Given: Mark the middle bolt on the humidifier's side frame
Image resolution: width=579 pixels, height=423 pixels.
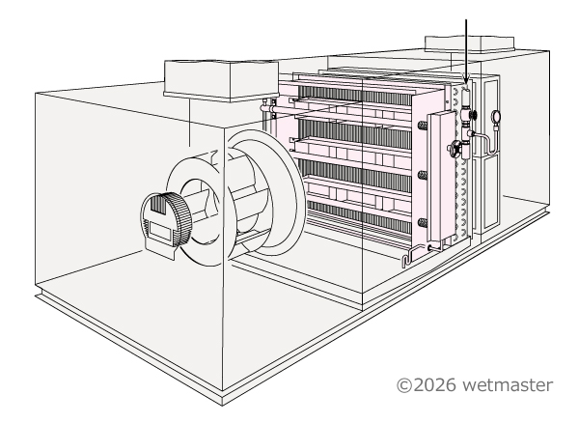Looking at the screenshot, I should click(422, 176).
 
